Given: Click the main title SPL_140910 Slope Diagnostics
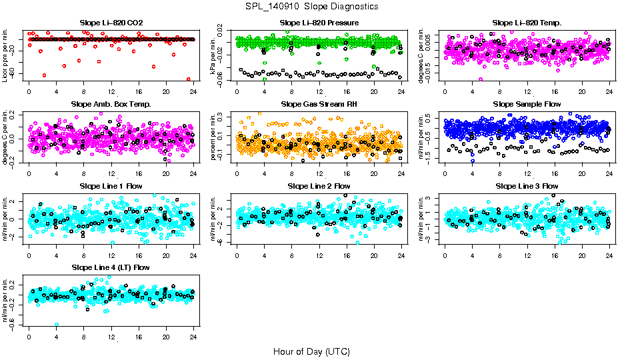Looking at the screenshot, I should [311, 6].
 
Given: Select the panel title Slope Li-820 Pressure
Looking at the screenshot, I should [319, 23].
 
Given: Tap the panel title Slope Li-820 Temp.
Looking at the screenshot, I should [527, 23].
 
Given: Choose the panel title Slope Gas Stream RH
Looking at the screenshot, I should [319, 104].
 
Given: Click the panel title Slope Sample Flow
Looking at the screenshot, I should [527, 104].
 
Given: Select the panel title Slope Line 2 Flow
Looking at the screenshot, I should [319, 186].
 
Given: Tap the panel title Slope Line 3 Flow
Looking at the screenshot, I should [527, 186].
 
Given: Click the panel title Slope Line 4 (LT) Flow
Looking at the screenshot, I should [111, 267].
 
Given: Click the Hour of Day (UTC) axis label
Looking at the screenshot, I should [311, 351].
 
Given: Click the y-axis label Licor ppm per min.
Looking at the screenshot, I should [6, 57].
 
